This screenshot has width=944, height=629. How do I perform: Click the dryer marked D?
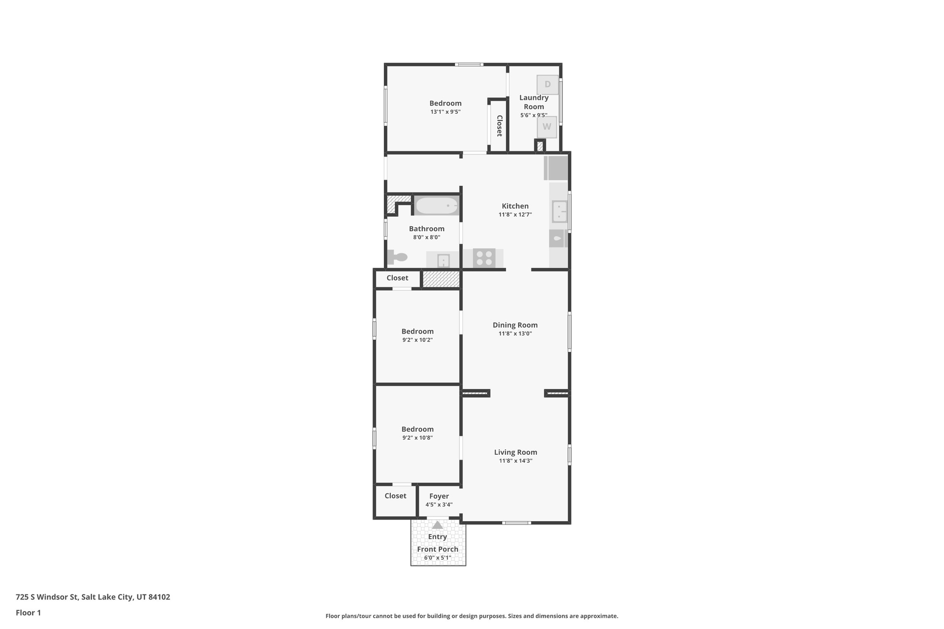coord(548,85)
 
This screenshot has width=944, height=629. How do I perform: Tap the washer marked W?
coord(547,127)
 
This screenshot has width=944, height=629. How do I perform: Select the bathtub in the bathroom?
coord(437,206)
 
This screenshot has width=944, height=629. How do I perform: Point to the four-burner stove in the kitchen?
coord(484,258)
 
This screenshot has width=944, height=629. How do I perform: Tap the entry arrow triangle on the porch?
coord(437,525)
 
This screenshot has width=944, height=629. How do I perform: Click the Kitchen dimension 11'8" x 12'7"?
coord(515,215)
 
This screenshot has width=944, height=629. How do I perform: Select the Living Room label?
coord(515,452)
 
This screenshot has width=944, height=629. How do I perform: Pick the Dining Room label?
coord(515,325)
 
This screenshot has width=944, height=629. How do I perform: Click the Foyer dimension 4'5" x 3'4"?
coord(439,505)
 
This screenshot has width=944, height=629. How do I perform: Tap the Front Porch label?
coord(437,549)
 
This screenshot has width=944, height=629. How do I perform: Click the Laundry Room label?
coord(534,102)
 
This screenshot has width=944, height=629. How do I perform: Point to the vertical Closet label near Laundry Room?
coord(499,126)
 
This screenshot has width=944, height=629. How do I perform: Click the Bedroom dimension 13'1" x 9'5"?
coord(445,112)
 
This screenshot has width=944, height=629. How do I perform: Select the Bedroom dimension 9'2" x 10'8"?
coord(417,438)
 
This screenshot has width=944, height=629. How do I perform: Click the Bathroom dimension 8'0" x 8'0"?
coord(426,237)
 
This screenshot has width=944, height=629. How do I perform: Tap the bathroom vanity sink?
coord(443,261)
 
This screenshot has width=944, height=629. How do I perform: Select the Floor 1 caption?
coord(28,613)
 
